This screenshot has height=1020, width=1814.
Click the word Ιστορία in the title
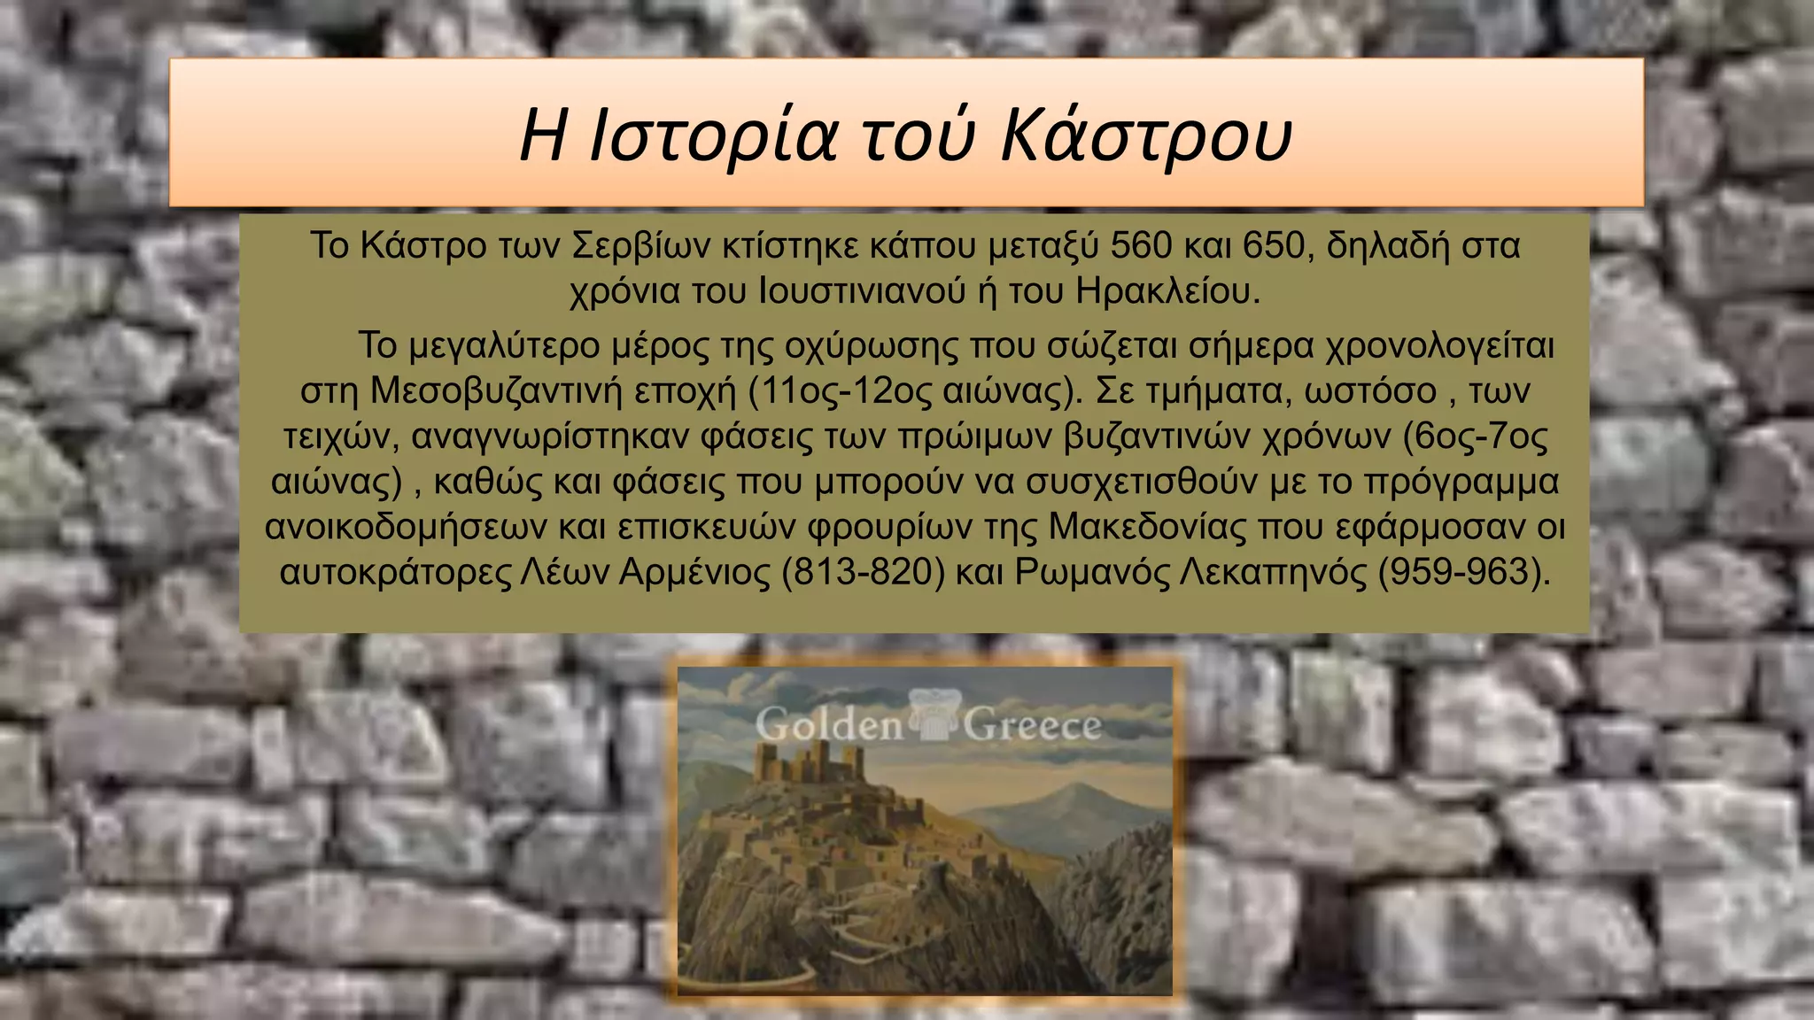[x=713, y=137]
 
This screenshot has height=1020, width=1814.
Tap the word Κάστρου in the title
[x=1146, y=137]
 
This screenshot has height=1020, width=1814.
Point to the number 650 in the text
[x=1273, y=245]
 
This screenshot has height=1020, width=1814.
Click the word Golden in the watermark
[x=829, y=726]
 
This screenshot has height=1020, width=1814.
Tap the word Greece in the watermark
[x=1032, y=726]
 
